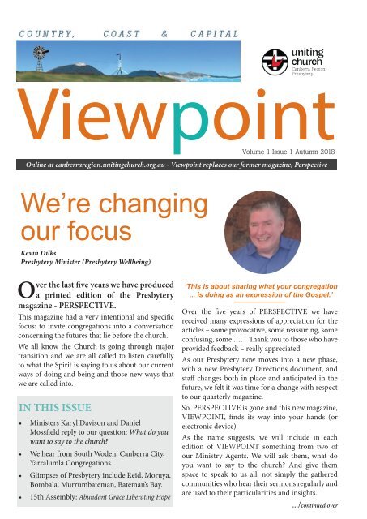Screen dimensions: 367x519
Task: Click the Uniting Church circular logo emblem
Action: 275,62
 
